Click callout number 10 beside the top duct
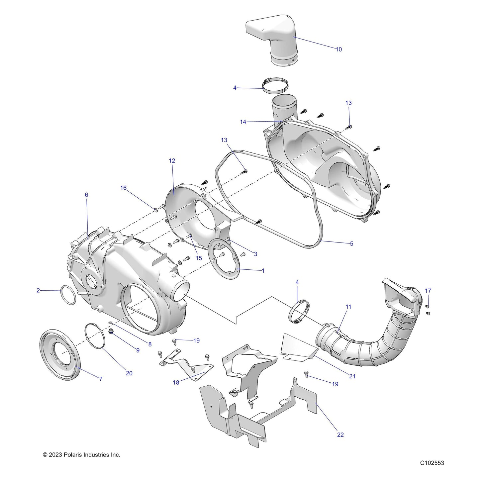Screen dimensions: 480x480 point(339,49)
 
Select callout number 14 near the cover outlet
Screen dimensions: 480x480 point(243,122)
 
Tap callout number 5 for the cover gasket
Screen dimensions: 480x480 point(351,243)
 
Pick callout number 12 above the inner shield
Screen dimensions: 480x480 point(172,161)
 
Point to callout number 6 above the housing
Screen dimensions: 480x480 point(86,195)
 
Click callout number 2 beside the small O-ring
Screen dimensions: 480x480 point(38,290)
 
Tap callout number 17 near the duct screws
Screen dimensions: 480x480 point(428,291)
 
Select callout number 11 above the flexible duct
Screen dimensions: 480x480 point(348,307)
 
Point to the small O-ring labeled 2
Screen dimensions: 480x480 point(68,295)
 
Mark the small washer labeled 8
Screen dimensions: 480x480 point(111,323)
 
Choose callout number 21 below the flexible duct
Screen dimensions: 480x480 point(352,376)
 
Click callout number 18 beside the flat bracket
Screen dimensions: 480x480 point(176,382)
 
